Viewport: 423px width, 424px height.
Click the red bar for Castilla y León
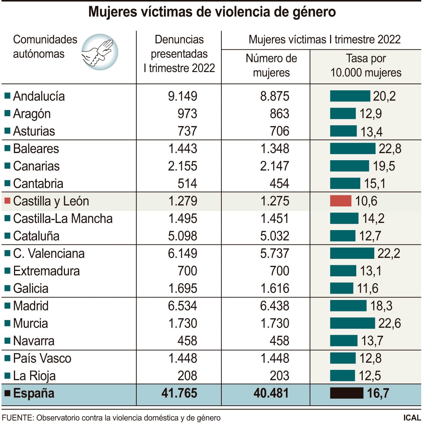pyautogui.click(x=340, y=201)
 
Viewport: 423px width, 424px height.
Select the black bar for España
pyautogui.click(x=347, y=393)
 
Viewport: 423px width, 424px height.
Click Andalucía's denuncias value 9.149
pyautogui.click(x=183, y=96)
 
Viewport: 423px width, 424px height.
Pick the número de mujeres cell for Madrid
pyautogui.click(x=274, y=306)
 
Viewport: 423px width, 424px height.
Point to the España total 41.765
pyautogui.click(x=179, y=393)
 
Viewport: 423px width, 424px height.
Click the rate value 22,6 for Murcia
pyautogui.click(x=390, y=323)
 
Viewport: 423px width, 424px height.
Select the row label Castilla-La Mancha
pyautogui.click(x=63, y=219)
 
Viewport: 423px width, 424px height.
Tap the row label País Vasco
pyautogui.click(x=42, y=358)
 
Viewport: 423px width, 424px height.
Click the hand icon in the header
pyautogui.click(x=99, y=52)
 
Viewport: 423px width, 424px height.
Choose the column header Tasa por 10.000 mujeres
pyautogui.click(x=366, y=66)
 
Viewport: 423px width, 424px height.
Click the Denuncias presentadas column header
pyautogui.click(x=179, y=54)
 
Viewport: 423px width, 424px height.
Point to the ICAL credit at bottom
pyautogui.click(x=412, y=418)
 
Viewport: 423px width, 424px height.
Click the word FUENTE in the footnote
pyautogui.click(x=17, y=418)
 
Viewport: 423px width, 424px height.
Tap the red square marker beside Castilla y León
pyautogui.click(x=7, y=201)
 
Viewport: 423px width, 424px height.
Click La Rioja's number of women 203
pyautogui.click(x=279, y=376)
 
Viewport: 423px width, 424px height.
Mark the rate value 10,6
pyautogui.click(x=366, y=201)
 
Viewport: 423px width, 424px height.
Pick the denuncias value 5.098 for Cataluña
pyautogui.click(x=183, y=236)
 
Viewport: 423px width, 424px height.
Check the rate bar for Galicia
pyautogui.click(x=342, y=289)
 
